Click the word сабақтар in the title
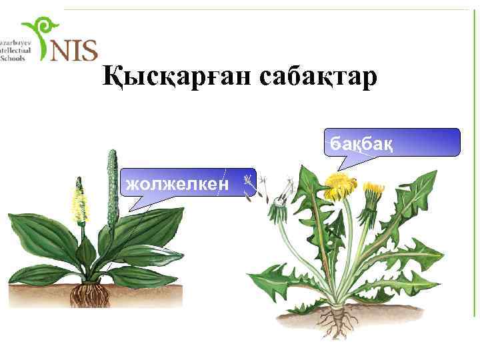(x=317, y=77)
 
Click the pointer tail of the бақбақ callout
(x=343, y=163)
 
